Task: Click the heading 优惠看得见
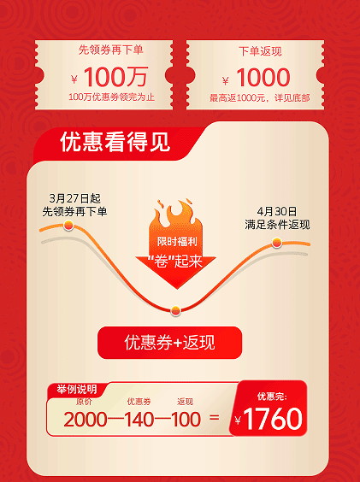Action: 115,142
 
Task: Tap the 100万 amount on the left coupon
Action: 115,77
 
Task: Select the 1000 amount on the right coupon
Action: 263,77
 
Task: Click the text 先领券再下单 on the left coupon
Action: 111,50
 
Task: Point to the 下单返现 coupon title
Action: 260,51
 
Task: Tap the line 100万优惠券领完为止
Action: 111,97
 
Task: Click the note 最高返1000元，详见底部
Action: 260,98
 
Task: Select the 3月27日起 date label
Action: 74,198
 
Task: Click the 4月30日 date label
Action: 277,211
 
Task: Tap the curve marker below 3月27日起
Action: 68,225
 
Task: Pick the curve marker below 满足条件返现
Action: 277,243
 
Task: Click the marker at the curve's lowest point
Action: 175,310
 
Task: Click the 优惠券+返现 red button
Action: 169,343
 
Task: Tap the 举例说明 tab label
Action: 77,390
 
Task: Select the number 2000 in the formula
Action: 86,420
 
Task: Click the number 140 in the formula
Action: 139,420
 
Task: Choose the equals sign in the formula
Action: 214,417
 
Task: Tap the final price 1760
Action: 273,419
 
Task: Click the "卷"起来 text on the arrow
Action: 175,262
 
